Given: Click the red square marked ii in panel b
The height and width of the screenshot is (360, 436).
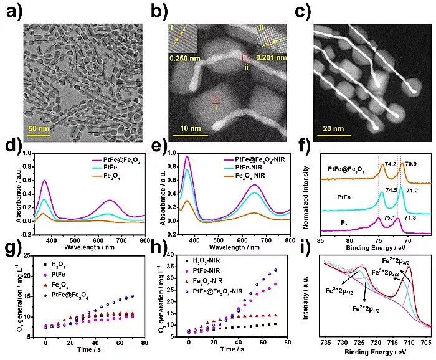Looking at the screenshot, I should [x=246, y=59].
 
